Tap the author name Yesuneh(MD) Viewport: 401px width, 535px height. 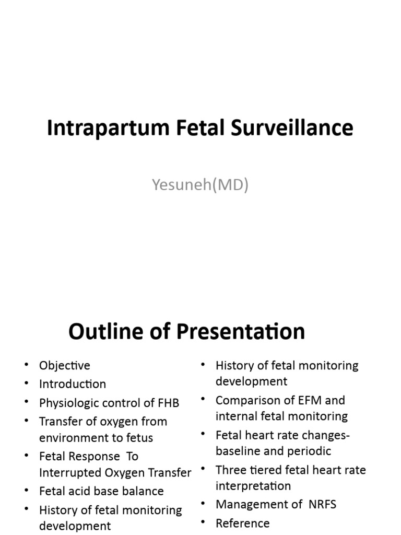[x=200, y=184]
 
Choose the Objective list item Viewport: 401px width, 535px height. [x=64, y=365]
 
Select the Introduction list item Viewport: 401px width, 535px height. [x=72, y=384]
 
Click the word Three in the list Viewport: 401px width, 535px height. [x=230, y=470]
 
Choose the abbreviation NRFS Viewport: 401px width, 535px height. [x=321, y=504]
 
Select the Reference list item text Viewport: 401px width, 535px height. [x=242, y=523]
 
